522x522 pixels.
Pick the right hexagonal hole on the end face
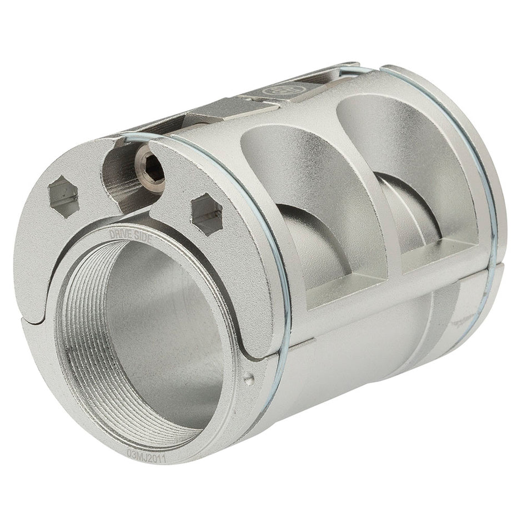coord(207,214)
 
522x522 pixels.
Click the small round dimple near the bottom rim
coord(249,379)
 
